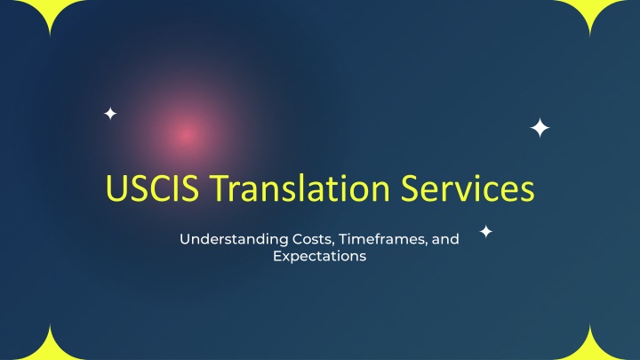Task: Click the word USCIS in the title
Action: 153,188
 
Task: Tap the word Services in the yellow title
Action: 468,188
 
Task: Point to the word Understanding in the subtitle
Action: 234,239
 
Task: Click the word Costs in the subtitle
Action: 313,239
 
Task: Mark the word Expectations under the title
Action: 320,256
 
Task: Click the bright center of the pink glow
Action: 187,134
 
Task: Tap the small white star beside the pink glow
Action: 110,113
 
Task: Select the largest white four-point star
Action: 540,128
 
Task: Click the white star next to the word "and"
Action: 485,231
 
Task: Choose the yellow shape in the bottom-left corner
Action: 50,349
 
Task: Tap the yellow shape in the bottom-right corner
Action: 590,349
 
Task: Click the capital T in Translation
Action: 221,188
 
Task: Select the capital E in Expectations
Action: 277,256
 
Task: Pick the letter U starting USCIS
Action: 115,188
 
